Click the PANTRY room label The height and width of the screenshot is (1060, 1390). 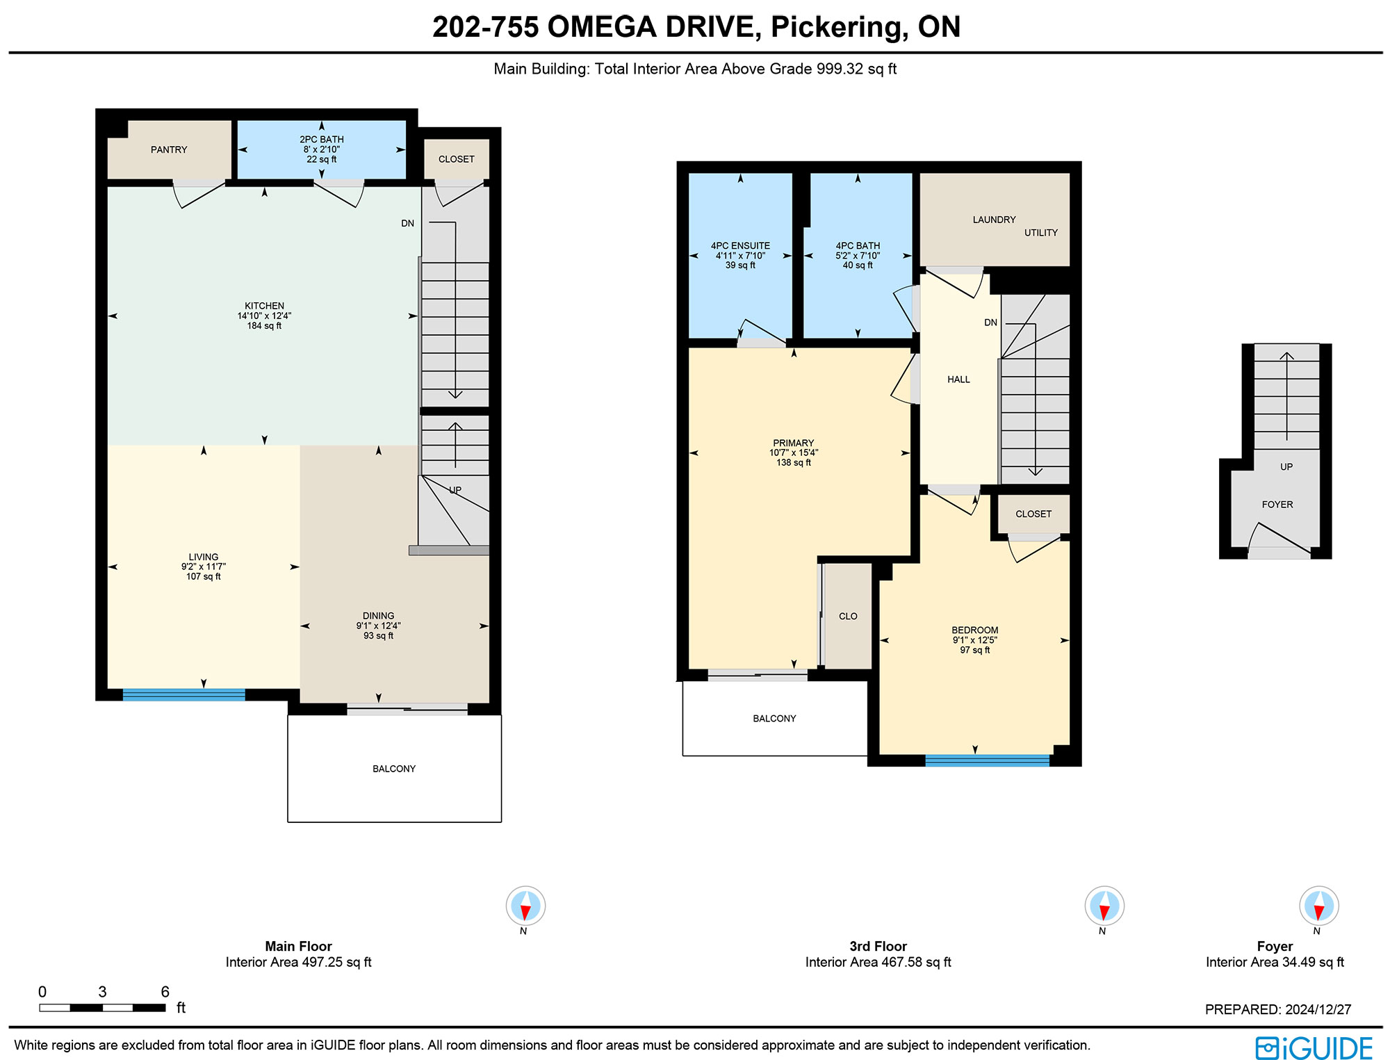point(169,149)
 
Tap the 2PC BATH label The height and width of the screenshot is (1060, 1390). point(322,139)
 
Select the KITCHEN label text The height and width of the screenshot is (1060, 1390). point(264,306)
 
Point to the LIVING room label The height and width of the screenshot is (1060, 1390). point(204,557)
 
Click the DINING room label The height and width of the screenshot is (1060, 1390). point(378,616)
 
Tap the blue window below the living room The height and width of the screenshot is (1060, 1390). point(184,694)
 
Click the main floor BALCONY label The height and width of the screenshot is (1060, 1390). point(394,769)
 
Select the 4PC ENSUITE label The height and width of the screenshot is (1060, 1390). point(740,245)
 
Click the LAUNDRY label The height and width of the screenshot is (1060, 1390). point(994,220)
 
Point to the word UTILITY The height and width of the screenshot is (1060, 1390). point(1041,233)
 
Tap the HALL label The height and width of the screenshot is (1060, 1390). point(958,380)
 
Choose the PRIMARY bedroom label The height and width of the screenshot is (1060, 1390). point(794,443)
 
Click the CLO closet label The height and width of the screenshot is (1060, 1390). point(848,616)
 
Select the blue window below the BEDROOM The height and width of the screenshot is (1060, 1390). point(988,760)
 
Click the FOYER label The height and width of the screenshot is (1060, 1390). point(1277,505)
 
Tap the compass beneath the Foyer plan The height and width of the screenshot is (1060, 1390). point(1318,906)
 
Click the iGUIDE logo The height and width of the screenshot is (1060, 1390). point(1314,1048)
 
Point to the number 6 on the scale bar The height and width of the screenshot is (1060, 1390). point(165,992)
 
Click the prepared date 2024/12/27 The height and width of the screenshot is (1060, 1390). point(1318,1009)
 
